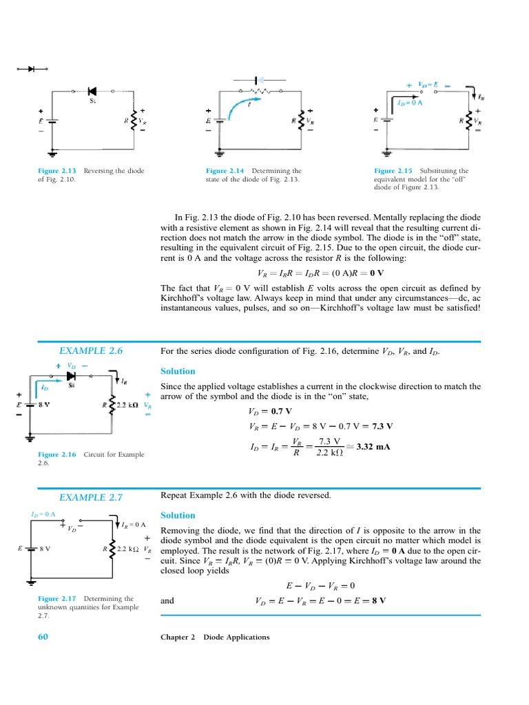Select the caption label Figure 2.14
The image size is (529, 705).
click(x=225, y=171)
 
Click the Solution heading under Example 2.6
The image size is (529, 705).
click(x=178, y=371)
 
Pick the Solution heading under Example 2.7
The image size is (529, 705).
click(x=178, y=515)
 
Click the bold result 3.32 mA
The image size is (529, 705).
click(x=373, y=446)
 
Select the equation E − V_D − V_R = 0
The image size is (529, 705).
click(x=320, y=586)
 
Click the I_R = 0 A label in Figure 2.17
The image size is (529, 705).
click(x=134, y=525)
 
